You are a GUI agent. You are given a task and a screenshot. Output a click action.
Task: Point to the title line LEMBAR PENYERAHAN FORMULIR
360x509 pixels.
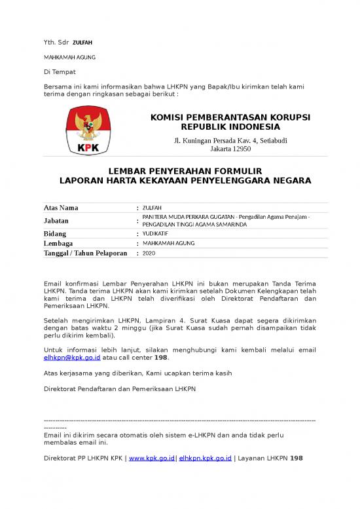[180, 169]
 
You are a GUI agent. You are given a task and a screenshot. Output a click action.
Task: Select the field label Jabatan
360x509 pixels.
[58, 221]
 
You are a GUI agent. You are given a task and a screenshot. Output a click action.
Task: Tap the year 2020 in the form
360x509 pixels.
[149, 253]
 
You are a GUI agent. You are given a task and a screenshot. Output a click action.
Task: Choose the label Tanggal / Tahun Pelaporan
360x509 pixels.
[85, 253]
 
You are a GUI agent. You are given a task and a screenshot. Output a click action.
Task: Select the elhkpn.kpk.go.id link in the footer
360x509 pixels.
[205, 458]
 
